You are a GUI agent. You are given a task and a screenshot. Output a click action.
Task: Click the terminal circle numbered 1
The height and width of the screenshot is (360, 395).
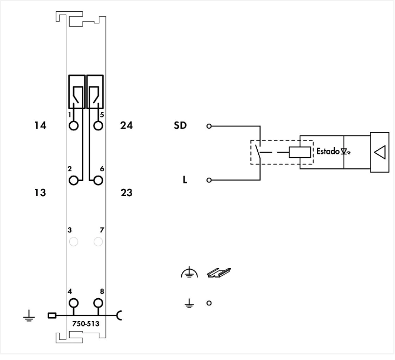tap(74, 125)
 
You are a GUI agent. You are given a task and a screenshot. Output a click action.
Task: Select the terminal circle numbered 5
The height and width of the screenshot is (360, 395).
tap(98, 125)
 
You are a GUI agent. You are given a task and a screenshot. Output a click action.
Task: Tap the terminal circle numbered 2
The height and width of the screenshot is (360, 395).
tap(74, 181)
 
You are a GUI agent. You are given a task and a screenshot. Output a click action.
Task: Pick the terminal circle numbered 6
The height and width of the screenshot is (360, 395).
tap(98, 181)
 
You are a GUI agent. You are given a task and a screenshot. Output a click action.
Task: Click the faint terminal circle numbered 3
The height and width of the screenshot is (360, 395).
tap(74, 242)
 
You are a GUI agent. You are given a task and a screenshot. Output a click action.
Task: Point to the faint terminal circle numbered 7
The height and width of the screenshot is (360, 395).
tap(98, 242)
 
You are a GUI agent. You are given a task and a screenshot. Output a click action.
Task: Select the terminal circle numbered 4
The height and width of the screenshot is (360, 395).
tap(74, 303)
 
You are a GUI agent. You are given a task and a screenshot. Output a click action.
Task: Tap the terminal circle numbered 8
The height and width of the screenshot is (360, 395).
tap(98, 303)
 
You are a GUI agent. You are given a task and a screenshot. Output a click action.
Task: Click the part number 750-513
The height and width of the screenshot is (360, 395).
tap(86, 324)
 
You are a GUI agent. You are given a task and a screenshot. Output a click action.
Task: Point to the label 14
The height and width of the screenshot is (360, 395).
tap(40, 125)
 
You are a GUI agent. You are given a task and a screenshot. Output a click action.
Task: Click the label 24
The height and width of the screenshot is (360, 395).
tap(127, 125)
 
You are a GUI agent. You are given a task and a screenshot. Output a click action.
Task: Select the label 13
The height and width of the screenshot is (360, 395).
tap(40, 193)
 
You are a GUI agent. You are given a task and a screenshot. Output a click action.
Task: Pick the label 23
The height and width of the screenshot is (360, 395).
tap(127, 193)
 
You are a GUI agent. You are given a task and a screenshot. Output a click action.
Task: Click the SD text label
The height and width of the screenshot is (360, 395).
tap(180, 125)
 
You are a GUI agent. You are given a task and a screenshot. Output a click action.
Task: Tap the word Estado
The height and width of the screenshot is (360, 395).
tap(328, 151)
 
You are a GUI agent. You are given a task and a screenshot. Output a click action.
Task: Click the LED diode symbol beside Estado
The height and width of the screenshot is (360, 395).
tap(345, 152)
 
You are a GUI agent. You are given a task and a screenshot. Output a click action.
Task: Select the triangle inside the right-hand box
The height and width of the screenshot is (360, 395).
tap(380, 152)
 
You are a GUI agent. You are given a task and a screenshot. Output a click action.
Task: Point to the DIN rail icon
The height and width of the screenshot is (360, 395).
tap(219, 273)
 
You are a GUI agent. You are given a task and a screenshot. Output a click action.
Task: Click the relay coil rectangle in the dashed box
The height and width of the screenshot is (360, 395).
tap(300, 152)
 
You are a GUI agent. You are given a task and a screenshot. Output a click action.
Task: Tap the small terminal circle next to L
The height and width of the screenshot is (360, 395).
tap(209, 180)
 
